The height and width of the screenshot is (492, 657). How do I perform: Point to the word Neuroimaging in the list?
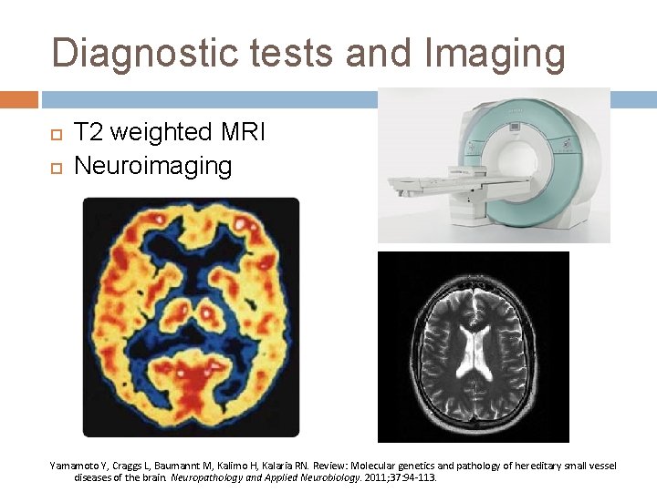pos(152,167)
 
